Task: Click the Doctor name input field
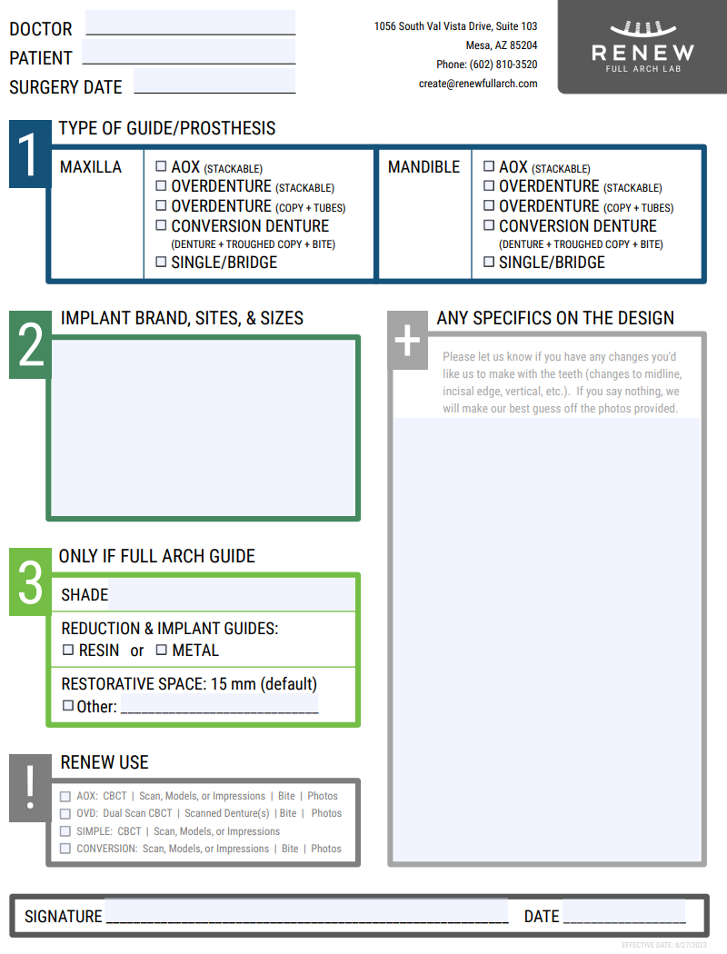click(x=191, y=23)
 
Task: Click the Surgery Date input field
click(x=214, y=80)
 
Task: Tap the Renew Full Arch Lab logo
click(x=642, y=47)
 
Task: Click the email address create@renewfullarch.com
click(x=478, y=84)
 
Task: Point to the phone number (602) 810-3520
click(x=503, y=65)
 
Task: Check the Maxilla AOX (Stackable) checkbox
click(x=161, y=166)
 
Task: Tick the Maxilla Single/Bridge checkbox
click(x=161, y=262)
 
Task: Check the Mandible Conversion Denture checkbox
click(x=489, y=225)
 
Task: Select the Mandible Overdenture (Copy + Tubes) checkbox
click(x=489, y=205)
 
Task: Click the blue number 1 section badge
click(x=30, y=154)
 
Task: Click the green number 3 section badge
click(x=30, y=581)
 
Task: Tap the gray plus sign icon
click(x=408, y=340)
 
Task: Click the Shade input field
click(x=231, y=594)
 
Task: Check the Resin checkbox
click(x=68, y=650)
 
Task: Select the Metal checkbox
click(x=161, y=650)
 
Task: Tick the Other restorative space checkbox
click(x=68, y=706)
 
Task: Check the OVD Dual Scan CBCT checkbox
click(x=65, y=813)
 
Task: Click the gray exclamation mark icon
click(x=30, y=788)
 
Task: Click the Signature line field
click(x=306, y=911)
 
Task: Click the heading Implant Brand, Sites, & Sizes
click(x=182, y=318)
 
